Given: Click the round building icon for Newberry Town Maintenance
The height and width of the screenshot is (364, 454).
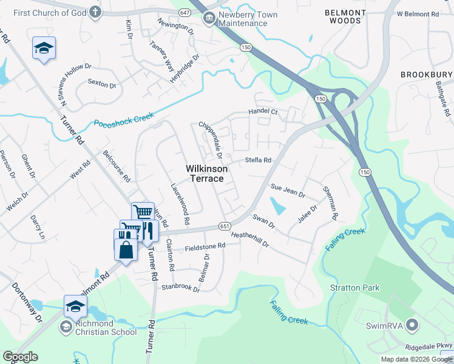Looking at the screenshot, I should (x=209, y=19).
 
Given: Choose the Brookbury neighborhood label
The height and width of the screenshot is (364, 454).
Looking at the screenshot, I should (x=426, y=75).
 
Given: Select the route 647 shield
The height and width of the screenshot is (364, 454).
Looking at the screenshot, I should (x=185, y=12).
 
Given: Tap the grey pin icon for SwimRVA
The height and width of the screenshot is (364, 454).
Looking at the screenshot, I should (x=413, y=326).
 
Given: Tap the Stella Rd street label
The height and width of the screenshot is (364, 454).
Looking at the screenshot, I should (x=257, y=161).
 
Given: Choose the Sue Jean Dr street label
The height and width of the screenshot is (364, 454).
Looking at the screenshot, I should (x=288, y=192).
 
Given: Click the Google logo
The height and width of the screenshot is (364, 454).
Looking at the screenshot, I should (x=19, y=357).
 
